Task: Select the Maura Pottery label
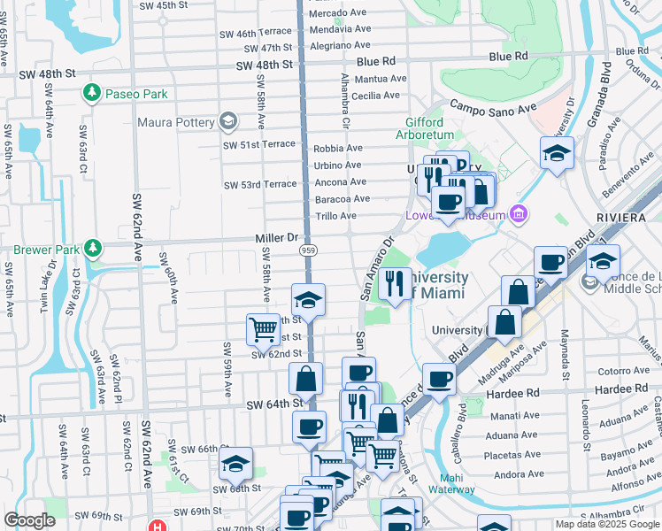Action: click(175, 122)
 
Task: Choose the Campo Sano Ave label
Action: click(494, 107)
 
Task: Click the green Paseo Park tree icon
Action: click(91, 93)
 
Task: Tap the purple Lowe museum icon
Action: click(518, 214)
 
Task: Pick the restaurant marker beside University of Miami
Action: click(394, 283)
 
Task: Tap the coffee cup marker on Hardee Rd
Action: click(439, 380)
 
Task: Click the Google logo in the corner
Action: click(29, 520)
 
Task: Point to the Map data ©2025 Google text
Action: click(606, 524)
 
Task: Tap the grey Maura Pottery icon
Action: click(228, 121)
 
